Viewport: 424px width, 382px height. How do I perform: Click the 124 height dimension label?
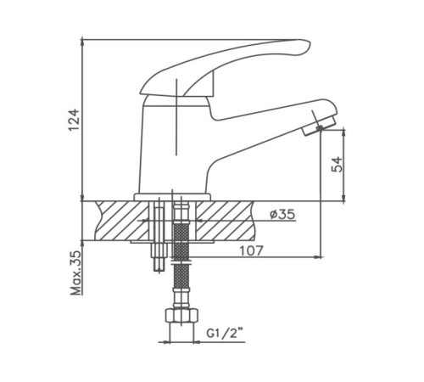(75, 120)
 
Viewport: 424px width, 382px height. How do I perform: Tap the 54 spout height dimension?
(336, 165)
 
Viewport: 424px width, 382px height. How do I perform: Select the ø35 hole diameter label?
(282, 214)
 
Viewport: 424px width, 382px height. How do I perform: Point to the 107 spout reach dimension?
(251, 250)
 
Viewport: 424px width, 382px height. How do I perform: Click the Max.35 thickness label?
(75, 273)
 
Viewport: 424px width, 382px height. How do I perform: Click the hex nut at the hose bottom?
(181, 316)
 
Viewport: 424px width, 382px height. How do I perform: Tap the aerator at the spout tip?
(319, 126)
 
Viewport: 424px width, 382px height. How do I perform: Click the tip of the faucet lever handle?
(310, 45)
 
